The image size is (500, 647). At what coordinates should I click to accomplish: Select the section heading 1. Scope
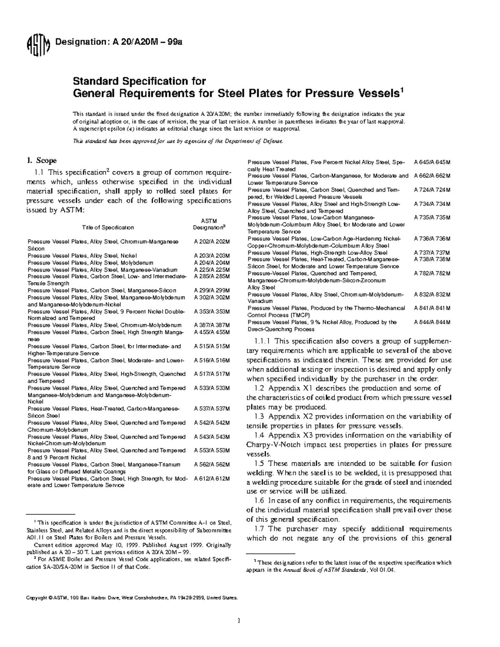[42, 161]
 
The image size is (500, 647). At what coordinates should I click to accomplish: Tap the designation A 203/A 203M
[212, 256]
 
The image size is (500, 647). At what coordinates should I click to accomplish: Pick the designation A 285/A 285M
[212, 277]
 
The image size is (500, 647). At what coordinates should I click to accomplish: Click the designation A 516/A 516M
[212, 360]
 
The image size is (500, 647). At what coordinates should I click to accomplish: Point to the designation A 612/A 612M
[212, 479]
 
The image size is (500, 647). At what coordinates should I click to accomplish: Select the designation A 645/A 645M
[432, 162]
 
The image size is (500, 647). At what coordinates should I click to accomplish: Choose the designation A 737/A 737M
[432, 253]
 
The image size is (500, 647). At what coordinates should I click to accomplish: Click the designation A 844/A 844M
[432, 322]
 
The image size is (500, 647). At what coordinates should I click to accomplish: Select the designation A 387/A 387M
[212, 325]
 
